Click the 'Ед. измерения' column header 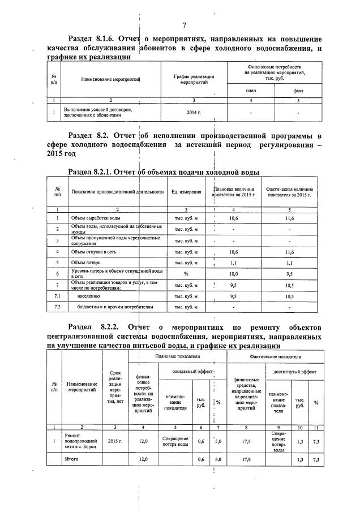(x=186, y=192)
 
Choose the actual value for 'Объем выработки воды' (x=289, y=218)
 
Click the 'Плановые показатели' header (x=178, y=357)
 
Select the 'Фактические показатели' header (x=276, y=357)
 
